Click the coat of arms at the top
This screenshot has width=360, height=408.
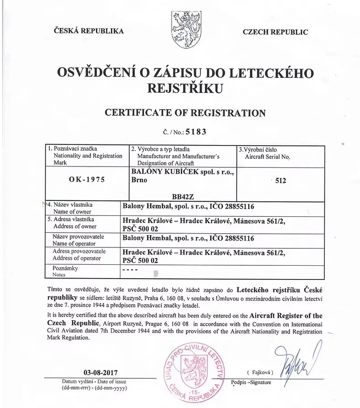point(185,27)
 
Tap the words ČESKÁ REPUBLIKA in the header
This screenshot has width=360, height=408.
point(89,31)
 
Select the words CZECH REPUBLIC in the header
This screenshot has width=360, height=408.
point(275,32)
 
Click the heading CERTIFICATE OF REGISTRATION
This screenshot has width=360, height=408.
point(185,113)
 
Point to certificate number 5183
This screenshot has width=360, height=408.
point(195,132)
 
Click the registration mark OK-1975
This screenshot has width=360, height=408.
point(86,179)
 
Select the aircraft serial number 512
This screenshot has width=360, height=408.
point(281,181)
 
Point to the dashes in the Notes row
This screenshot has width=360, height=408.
point(128,270)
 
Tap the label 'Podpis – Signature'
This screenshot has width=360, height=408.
point(251,382)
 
